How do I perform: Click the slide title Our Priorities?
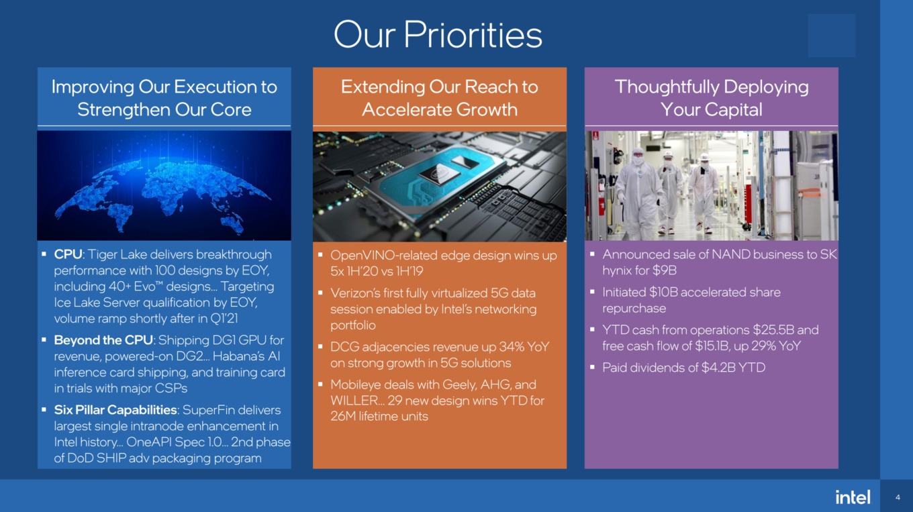click(x=438, y=35)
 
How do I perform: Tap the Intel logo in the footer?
click(x=853, y=497)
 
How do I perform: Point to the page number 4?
click(x=898, y=497)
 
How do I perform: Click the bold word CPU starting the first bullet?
click(x=68, y=254)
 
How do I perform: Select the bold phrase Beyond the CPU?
click(x=103, y=340)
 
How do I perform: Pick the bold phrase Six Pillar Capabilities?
click(x=115, y=410)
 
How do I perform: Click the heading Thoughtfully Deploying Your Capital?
click(x=711, y=98)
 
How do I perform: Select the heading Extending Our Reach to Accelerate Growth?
click(x=439, y=98)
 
